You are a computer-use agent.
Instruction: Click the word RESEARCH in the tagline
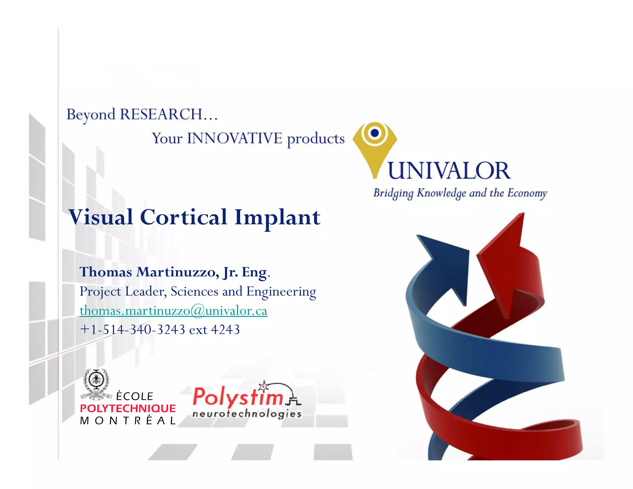(x=161, y=114)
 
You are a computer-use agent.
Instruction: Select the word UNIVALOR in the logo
(x=449, y=171)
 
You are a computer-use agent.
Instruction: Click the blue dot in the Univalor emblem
(x=375, y=133)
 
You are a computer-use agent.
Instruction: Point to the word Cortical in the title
(x=184, y=217)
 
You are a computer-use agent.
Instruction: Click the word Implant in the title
(x=277, y=218)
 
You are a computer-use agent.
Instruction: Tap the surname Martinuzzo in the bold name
(x=177, y=272)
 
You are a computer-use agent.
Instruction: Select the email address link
(x=173, y=311)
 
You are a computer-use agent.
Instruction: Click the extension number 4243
(x=225, y=330)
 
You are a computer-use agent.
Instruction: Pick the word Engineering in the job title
(x=281, y=291)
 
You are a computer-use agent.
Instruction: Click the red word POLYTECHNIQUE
(x=128, y=409)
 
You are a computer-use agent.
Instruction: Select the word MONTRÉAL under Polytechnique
(x=128, y=421)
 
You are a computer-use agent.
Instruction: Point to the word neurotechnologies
(x=247, y=413)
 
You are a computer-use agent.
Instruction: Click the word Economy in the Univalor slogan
(x=527, y=193)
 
